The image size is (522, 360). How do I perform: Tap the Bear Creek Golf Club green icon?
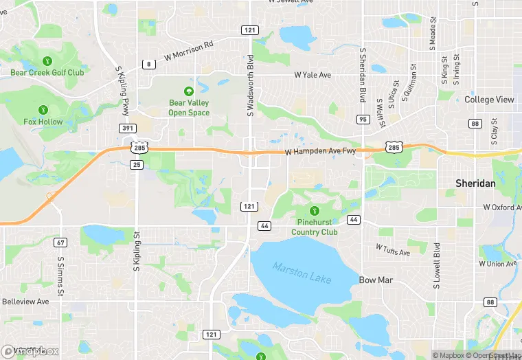(x=47, y=60)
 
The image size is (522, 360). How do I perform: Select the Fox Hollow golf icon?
(x=43, y=110)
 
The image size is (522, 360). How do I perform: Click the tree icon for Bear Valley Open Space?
(x=188, y=91)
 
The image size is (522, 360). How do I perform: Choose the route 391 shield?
(x=127, y=128)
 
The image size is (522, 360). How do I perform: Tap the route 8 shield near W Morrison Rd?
(x=148, y=64)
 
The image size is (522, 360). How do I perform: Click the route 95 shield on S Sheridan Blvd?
(x=363, y=120)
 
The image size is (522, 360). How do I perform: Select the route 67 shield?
(x=62, y=243)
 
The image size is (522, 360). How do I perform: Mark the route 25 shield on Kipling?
(x=136, y=165)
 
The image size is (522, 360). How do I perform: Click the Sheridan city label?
(x=475, y=183)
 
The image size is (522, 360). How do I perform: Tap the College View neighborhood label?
(x=489, y=100)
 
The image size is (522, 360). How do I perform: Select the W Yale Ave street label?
(x=313, y=74)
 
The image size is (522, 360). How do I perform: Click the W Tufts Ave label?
(x=393, y=249)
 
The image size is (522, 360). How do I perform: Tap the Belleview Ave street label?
(x=25, y=302)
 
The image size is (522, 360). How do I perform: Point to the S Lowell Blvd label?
(x=437, y=265)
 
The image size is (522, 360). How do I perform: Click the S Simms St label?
(x=60, y=276)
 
